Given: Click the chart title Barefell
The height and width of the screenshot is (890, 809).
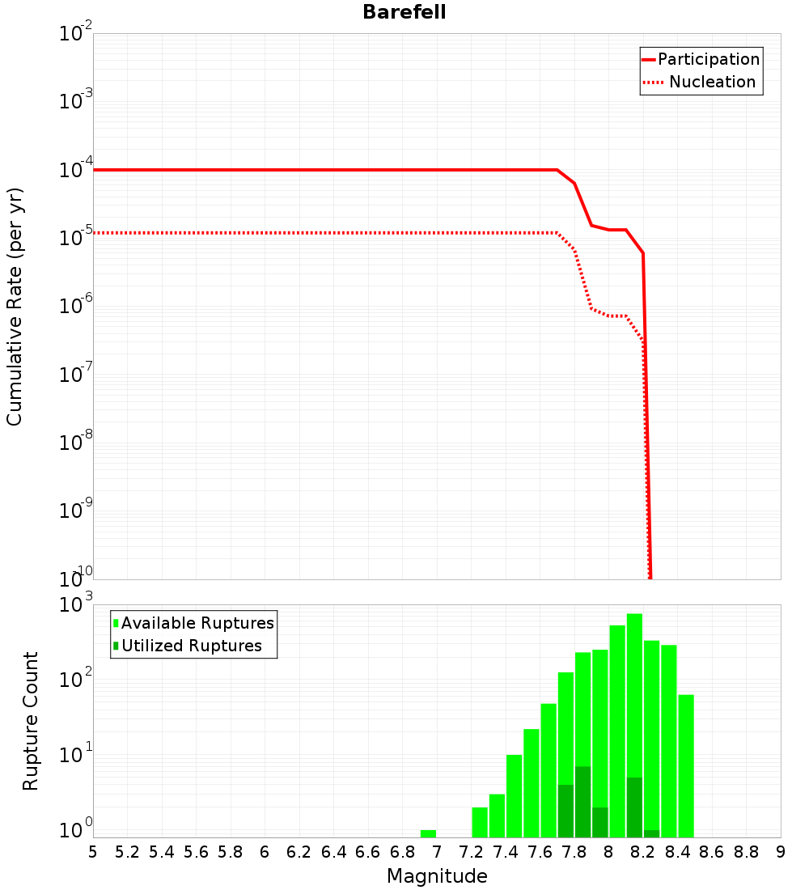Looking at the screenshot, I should [404, 13].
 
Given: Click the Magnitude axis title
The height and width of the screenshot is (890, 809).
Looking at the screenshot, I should [437, 876].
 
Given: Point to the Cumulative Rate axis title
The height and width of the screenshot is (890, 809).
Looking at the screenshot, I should [15, 306].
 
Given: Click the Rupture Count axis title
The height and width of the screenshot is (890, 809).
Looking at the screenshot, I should [31, 721].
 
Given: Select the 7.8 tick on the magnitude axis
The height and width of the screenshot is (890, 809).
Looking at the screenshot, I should [574, 852].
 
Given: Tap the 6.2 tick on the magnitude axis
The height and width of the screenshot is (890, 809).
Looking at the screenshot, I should [299, 852].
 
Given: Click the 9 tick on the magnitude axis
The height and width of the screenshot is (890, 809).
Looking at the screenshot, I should [780, 852].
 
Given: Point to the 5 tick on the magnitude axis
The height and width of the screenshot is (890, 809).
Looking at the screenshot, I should [93, 852].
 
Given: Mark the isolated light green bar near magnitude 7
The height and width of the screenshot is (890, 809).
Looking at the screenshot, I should [428, 833].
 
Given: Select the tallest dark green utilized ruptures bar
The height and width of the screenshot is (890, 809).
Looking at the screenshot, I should [582, 801].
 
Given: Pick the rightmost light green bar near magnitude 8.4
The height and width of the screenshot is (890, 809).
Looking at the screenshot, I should [686, 765].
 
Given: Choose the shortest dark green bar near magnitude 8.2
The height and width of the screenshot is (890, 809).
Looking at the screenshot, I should [651, 833].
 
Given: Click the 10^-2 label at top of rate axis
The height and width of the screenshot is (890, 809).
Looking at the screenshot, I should [76, 35].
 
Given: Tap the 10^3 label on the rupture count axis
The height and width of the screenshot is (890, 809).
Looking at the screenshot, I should [77, 605].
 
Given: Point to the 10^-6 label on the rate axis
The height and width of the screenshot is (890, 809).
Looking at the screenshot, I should [76, 307].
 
